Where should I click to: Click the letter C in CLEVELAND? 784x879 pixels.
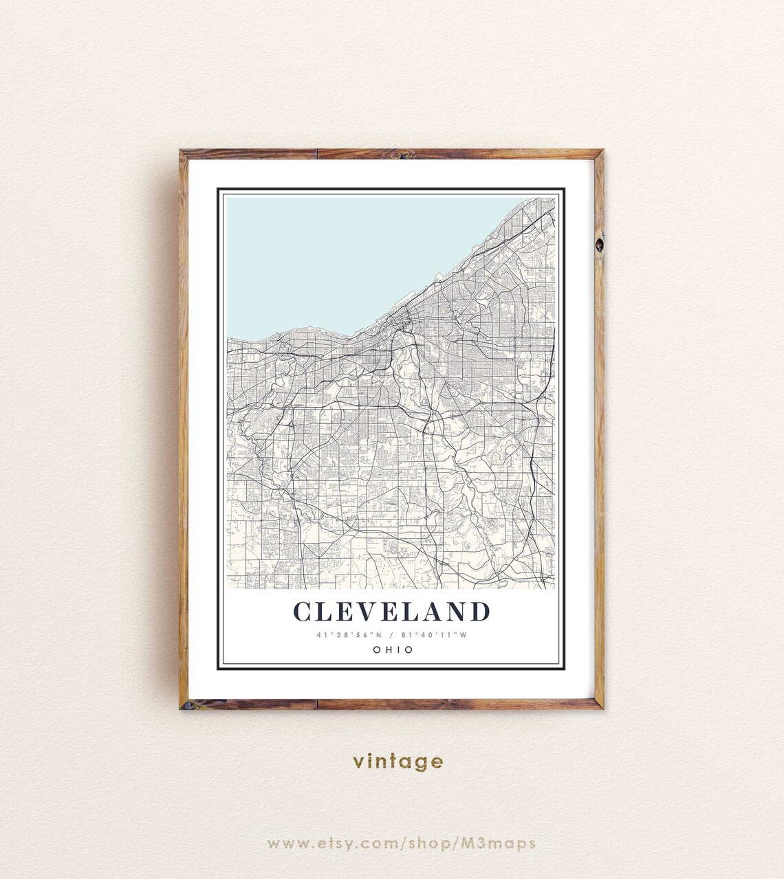pyautogui.click(x=302, y=612)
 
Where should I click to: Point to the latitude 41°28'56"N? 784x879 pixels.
pyautogui.click(x=349, y=635)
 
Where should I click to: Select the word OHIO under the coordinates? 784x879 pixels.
pyautogui.click(x=392, y=649)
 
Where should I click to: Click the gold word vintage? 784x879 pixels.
pyautogui.click(x=398, y=761)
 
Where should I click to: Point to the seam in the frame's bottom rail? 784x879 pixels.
pyautogui.click(x=316, y=704)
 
